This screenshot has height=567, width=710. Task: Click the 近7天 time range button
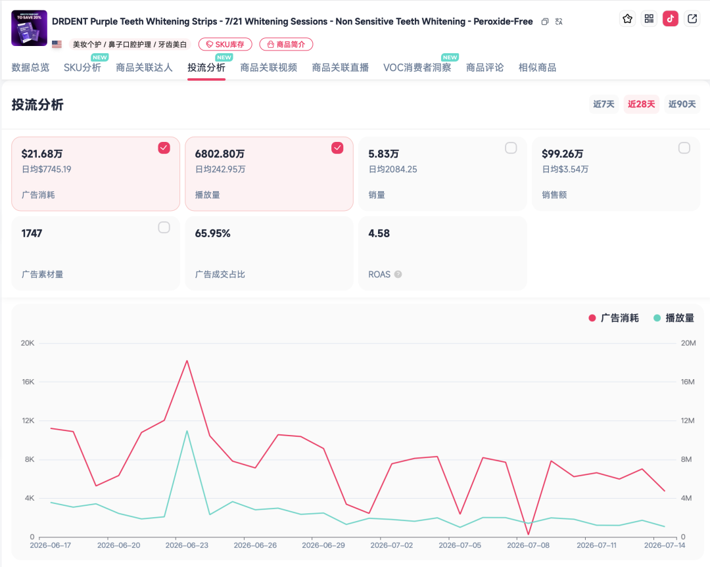click(x=603, y=104)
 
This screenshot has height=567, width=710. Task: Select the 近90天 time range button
click(x=682, y=104)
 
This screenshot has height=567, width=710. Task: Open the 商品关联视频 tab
click(x=268, y=68)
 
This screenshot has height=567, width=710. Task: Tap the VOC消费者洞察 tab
click(x=417, y=68)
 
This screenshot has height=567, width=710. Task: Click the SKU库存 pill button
click(x=225, y=44)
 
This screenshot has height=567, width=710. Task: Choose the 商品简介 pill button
click(x=286, y=44)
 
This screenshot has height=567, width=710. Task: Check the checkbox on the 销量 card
click(x=511, y=148)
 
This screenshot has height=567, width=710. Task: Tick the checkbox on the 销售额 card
click(x=684, y=148)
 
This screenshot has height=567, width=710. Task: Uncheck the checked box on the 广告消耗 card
click(x=164, y=148)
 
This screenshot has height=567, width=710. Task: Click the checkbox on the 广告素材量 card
click(x=164, y=227)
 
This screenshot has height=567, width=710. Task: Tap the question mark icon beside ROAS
click(x=398, y=274)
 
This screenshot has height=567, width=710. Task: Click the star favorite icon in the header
click(x=628, y=18)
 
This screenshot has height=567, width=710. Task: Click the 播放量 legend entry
click(x=674, y=318)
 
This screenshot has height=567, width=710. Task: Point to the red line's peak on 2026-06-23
click(x=187, y=361)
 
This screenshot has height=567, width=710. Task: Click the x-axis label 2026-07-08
click(x=528, y=545)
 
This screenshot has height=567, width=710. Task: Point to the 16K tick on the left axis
click(x=28, y=382)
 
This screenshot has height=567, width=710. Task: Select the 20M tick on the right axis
click(x=688, y=343)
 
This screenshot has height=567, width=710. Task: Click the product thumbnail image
click(x=29, y=28)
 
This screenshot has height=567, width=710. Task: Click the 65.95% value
click(x=212, y=233)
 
